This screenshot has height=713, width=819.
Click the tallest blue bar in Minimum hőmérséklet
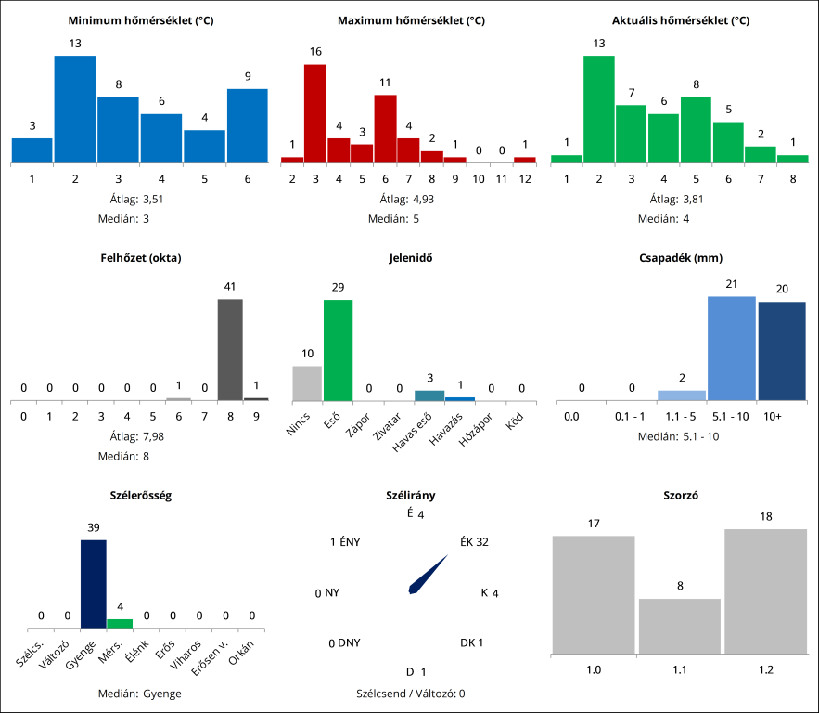tap(74, 110)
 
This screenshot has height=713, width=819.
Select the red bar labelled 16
tap(315, 113)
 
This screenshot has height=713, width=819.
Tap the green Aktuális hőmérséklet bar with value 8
tap(695, 130)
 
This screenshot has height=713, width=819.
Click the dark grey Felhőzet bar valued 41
tap(230, 349)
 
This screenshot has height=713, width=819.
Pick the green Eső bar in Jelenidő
tap(338, 350)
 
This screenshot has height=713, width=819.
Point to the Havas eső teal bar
tap(429, 395)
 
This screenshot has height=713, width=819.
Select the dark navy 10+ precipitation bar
tap(782, 351)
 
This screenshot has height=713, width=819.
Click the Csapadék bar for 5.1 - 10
tap(731, 348)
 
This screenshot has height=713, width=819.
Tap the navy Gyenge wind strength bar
tap(94, 586)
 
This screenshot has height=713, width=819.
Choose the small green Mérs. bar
tap(120, 624)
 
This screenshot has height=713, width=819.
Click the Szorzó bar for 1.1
tap(680, 626)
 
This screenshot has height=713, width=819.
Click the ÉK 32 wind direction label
tap(474, 542)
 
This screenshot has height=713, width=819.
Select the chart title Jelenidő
tap(409, 257)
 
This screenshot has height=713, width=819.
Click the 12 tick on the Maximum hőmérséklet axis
tap(525, 177)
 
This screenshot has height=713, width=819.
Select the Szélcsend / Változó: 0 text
tap(410, 693)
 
